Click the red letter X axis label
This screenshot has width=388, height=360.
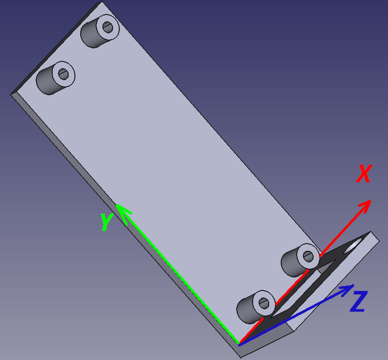pyautogui.click(x=364, y=173)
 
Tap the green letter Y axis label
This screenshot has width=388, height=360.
pyautogui.click(x=107, y=222)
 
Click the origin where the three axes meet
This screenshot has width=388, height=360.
pyautogui.click(x=239, y=344)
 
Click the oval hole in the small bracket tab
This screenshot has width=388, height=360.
pyautogui.click(x=353, y=245)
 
